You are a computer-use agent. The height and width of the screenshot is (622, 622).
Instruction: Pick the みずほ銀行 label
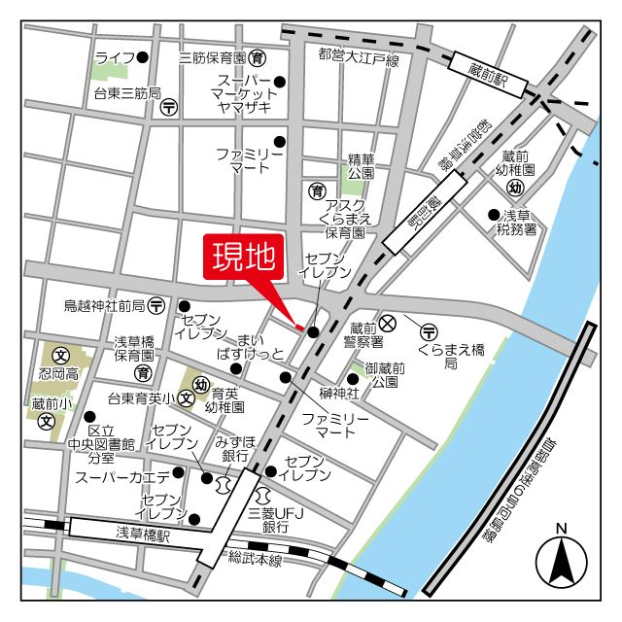(x=238, y=449)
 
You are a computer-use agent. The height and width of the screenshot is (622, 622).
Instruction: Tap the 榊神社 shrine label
(x=339, y=393)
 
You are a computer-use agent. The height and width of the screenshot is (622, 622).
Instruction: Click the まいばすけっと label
(x=252, y=346)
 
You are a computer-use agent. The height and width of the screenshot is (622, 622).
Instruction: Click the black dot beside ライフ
(x=143, y=57)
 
